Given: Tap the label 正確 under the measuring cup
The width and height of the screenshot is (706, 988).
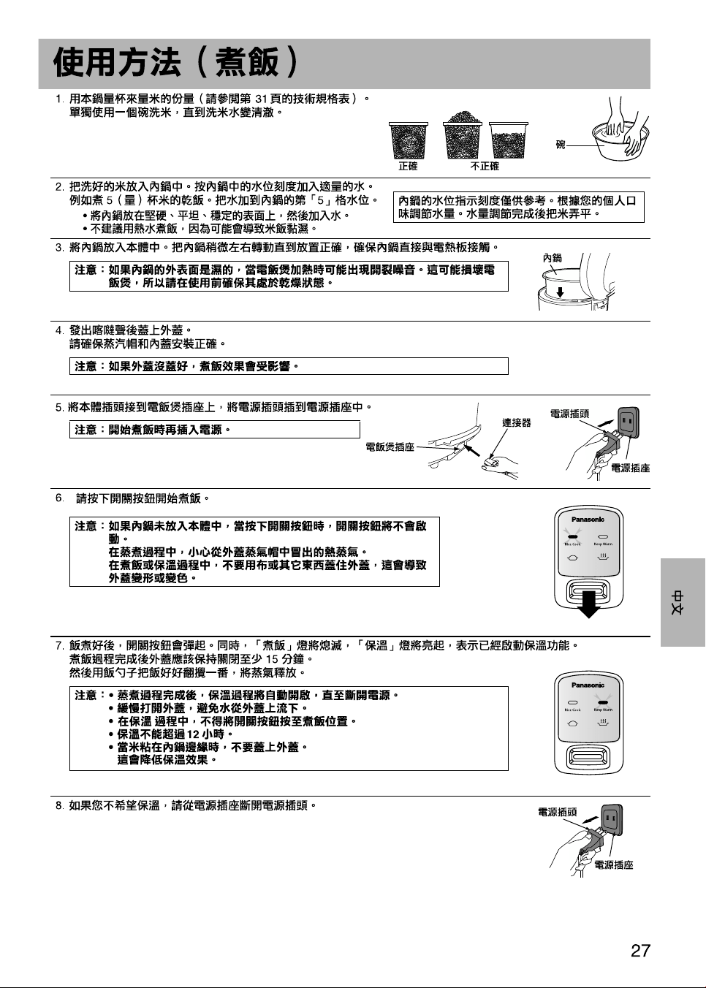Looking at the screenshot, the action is coord(408,167).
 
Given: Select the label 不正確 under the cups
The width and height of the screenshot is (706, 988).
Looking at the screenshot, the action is coord(485,167).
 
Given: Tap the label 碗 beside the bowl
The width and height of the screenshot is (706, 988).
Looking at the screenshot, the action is coord(561,144).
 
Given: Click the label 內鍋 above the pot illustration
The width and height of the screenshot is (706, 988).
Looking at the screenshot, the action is coord(552,257).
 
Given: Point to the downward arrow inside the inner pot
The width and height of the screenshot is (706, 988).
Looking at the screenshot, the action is coord(560,292).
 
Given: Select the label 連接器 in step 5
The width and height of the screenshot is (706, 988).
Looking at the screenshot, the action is coord(516,422).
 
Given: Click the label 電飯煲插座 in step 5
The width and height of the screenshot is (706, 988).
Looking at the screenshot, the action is coord(390,446).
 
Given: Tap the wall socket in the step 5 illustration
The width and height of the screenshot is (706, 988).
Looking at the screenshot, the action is coord(628,422).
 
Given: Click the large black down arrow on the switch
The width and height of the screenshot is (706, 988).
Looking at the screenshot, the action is coord(588,605).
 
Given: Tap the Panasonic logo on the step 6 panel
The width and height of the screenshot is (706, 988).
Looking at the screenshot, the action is coord(588,520).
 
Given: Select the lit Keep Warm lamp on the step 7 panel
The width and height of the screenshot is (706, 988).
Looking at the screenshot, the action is coord(603,702).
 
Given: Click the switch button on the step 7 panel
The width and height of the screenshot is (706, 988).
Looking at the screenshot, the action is coord(588,756).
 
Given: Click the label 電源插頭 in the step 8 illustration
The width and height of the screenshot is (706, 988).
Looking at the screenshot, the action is coord(558,812).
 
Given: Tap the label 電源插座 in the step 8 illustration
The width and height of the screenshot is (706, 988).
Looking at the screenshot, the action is coord(614,865).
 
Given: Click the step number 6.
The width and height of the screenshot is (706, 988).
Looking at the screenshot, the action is coord(59,498).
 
